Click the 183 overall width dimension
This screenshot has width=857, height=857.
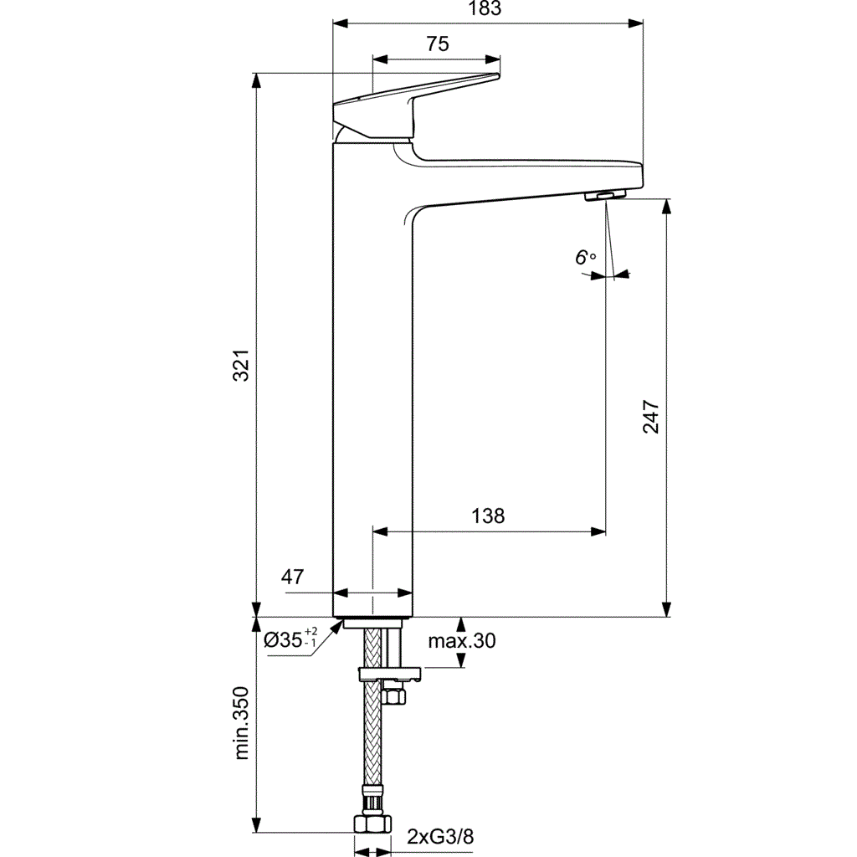[488, 9]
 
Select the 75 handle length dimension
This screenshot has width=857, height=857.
[437, 45]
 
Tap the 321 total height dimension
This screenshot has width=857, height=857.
[241, 366]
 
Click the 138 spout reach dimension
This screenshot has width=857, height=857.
[487, 516]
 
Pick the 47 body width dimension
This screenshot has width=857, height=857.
[292, 577]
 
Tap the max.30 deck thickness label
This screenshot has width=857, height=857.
[462, 642]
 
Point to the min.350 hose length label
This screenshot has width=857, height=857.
[243, 722]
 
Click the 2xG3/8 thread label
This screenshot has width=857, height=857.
[440, 837]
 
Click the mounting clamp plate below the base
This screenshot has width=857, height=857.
[389, 673]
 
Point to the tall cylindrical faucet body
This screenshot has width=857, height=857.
[373, 377]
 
